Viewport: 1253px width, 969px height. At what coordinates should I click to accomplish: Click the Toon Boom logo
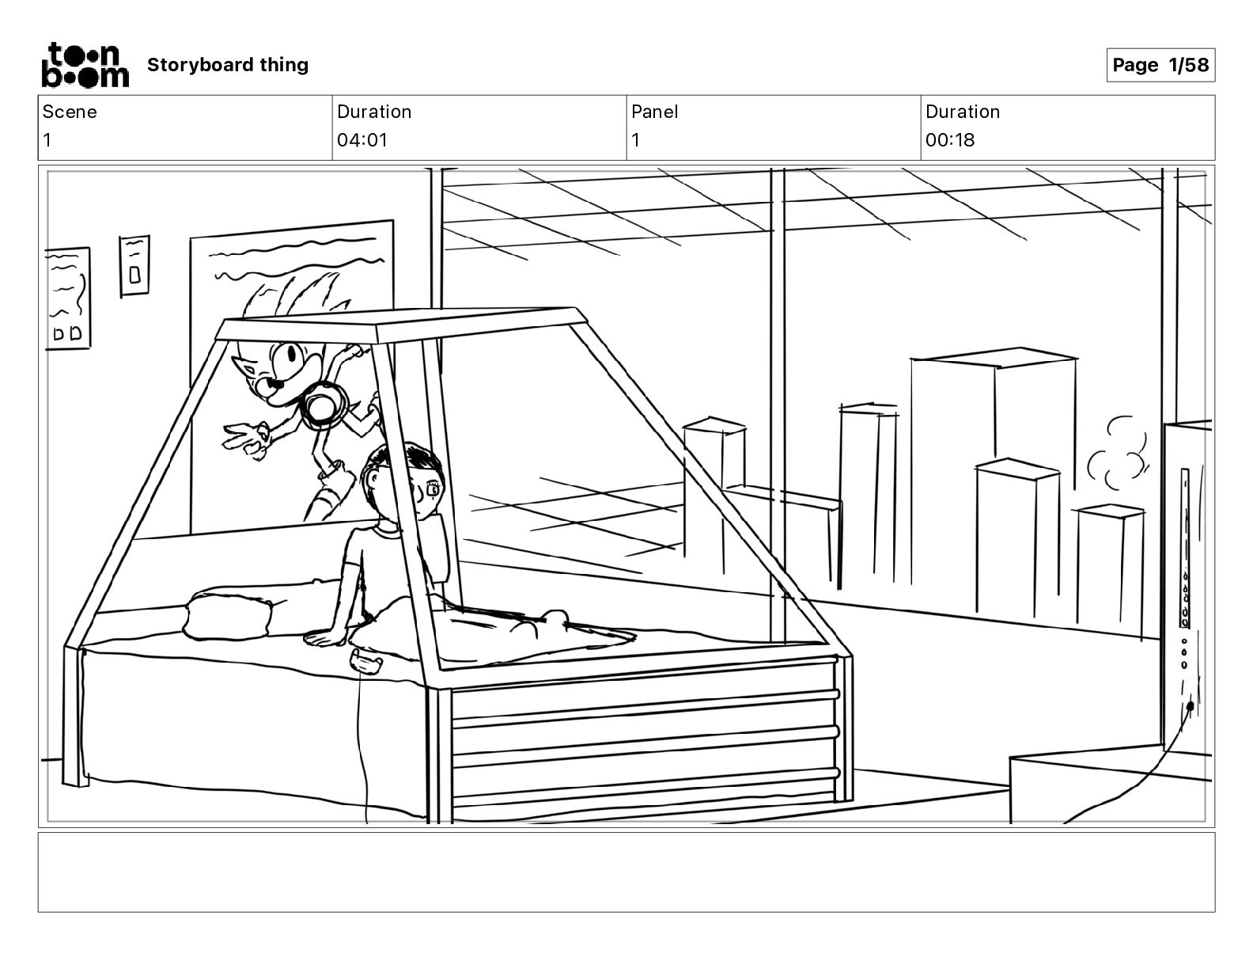(x=85, y=65)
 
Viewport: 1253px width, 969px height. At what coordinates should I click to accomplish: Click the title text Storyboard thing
(x=228, y=65)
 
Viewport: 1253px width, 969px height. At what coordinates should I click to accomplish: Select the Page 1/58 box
(x=1160, y=65)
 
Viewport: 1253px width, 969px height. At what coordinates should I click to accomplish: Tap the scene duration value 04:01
(x=362, y=140)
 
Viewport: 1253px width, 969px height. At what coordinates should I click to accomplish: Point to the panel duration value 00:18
(x=950, y=140)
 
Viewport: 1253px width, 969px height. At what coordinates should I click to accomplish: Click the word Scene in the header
(x=70, y=112)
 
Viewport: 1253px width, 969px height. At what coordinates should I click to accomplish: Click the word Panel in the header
(x=654, y=112)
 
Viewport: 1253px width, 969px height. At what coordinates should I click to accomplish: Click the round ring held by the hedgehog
(x=323, y=405)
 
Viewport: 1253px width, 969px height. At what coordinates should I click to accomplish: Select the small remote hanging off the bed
(x=365, y=661)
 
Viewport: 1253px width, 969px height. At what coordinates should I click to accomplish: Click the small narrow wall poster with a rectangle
(x=134, y=266)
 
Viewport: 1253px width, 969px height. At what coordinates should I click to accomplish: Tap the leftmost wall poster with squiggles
(x=68, y=298)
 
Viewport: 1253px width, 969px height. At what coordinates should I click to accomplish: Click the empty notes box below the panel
(x=626, y=872)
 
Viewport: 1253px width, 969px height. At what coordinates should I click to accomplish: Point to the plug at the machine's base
(x=1190, y=706)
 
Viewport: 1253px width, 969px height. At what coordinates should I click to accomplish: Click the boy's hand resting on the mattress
(x=323, y=638)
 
